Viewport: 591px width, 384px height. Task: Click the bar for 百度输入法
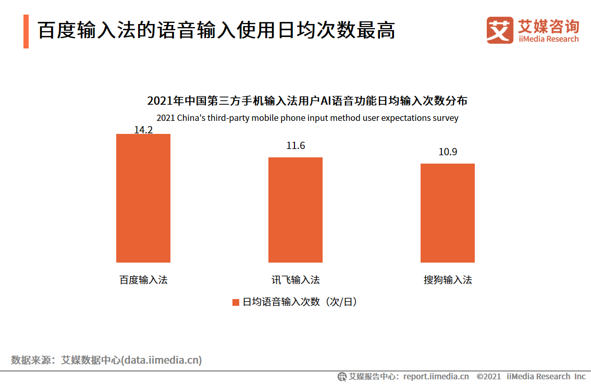point(143,198)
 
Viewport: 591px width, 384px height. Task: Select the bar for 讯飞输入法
point(295,209)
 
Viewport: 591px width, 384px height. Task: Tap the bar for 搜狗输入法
point(448,213)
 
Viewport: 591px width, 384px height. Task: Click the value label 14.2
point(143,129)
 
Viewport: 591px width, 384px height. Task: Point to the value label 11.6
point(295,146)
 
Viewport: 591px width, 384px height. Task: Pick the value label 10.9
point(448,152)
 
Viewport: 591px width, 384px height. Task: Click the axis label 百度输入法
point(143,280)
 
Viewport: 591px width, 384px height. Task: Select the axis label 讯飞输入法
point(295,280)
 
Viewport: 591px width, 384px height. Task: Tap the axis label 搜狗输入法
point(448,280)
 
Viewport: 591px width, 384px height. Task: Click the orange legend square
point(236,302)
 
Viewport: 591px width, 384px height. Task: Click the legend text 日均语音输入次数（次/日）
point(300,302)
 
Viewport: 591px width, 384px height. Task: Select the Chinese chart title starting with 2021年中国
point(307,101)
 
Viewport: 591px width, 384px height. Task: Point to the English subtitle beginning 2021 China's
point(307,118)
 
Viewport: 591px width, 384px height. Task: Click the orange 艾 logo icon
point(499,30)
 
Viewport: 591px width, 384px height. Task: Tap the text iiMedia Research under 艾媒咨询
point(548,39)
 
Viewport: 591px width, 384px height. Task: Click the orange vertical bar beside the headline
point(26,31)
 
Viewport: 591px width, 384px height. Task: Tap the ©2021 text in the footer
point(489,376)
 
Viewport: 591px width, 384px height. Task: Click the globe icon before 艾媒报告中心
point(342,376)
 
